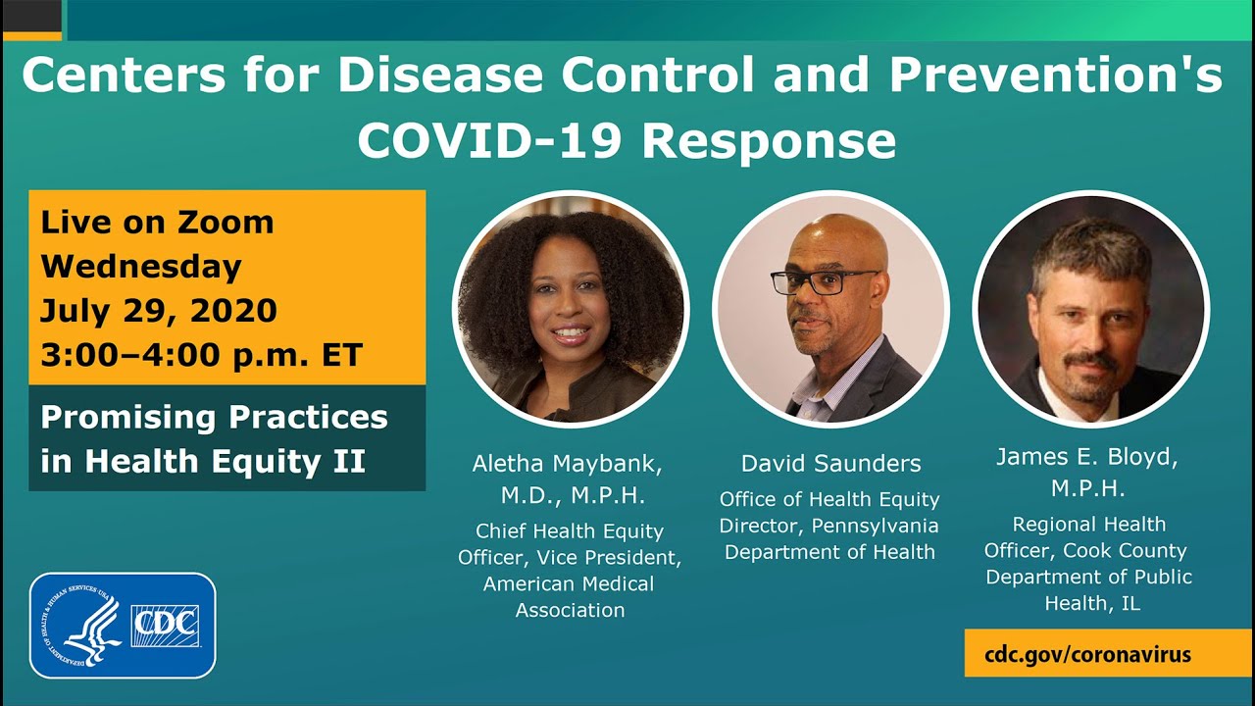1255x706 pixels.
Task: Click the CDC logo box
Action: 165,626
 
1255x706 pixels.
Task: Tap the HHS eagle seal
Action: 80,626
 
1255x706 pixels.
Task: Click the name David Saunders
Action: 830,463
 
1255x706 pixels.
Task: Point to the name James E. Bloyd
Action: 1087,457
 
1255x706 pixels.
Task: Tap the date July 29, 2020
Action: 159,311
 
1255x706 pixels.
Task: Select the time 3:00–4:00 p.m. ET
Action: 201,355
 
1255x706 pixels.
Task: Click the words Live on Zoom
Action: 157,222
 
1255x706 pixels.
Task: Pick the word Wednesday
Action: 140,267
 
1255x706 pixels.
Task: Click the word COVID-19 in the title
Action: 491,140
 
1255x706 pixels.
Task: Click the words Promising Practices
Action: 214,417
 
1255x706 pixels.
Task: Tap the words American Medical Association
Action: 570,596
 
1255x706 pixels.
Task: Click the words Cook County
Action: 1125,550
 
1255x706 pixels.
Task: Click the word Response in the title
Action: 769,140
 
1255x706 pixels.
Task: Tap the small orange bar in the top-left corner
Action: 30,36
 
